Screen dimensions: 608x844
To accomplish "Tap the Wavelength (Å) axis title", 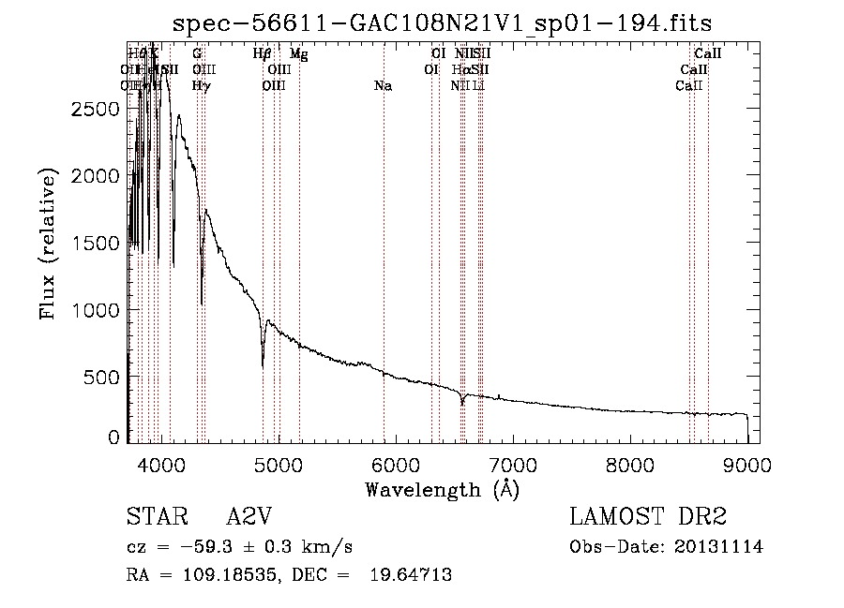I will point(442,489).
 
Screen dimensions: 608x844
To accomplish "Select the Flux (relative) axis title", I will point(48,243).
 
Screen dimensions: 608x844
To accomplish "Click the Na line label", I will point(383,86).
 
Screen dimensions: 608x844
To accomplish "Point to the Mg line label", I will point(298,54).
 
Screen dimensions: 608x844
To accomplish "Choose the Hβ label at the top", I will point(263,54).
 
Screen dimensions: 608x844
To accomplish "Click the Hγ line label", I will point(201,86).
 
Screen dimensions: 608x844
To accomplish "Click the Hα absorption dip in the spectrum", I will point(462,403).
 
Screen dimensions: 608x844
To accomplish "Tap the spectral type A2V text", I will point(249,518).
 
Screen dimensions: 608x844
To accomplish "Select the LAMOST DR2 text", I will point(648,518).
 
